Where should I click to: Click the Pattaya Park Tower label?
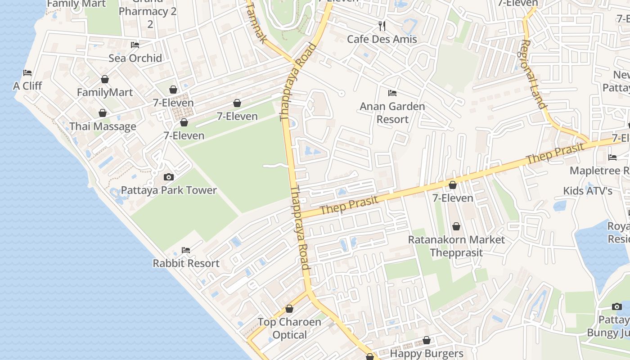click(x=169, y=190)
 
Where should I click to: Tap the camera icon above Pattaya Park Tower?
click(x=169, y=177)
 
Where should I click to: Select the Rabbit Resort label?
click(x=186, y=263)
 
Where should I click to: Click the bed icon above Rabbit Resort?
click(x=185, y=250)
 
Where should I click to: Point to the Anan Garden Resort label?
click(x=392, y=113)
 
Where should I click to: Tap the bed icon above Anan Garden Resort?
click(x=392, y=93)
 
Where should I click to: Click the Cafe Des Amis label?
click(x=382, y=39)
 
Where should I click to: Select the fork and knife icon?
click(x=382, y=26)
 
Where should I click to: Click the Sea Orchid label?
click(x=135, y=58)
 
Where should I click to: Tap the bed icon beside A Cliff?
click(x=27, y=73)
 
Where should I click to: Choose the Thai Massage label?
click(x=103, y=126)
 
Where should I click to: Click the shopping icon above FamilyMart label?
click(x=105, y=79)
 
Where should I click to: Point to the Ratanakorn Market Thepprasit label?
click(x=456, y=246)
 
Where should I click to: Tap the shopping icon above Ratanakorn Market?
click(x=456, y=226)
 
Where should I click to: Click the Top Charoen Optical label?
click(x=289, y=328)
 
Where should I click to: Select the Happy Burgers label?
click(x=426, y=354)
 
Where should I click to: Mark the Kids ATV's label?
click(x=588, y=191)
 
